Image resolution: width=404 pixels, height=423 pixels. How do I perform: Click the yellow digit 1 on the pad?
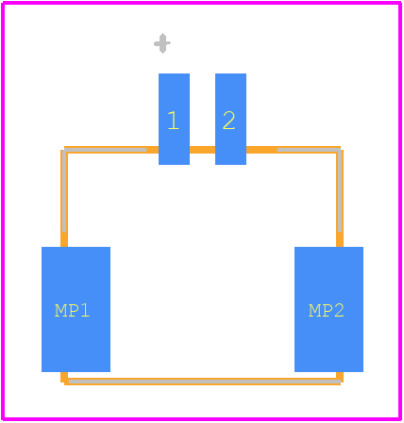click(x=174, y=121)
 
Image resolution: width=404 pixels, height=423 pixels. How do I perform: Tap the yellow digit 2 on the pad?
click(x=228, y=121)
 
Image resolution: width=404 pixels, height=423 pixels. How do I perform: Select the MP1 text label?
click(x=73, y=311)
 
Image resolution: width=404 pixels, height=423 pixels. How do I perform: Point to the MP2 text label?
click(x=327, y=311)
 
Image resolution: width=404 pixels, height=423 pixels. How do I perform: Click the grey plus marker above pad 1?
click(x=162, y=43)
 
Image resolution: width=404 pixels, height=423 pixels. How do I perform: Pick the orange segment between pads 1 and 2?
click(x=202, y=150)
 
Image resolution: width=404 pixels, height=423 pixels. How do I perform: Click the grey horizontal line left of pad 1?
click(x=106, y=150)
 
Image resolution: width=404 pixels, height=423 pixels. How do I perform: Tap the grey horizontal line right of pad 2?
click(x=309, y=150)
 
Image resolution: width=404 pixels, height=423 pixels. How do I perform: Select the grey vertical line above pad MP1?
click(x=64, y=191)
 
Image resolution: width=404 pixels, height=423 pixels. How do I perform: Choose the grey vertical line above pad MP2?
click(x=340, y=191)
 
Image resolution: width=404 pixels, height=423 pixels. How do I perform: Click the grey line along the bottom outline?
click(x=205, y=382)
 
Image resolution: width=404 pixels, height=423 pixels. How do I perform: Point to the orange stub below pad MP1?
click(x=64, y=377)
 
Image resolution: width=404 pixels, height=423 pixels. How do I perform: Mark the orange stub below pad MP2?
click(x=340, y=377)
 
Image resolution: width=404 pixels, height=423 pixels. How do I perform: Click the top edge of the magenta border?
click(x=201, y=3)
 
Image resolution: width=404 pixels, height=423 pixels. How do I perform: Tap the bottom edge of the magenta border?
click(x=201, y=419)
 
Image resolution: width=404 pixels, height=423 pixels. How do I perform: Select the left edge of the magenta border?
click(x=3, y=211)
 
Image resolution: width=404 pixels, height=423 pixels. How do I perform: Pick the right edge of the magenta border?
click(x=400, y=211)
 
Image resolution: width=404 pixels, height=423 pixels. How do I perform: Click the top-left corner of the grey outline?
click(x=64, y=150)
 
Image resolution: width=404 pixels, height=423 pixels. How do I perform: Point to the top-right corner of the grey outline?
click(x=340, y=150)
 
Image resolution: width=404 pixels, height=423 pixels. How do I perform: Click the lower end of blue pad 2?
click(x=230, y=164)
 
